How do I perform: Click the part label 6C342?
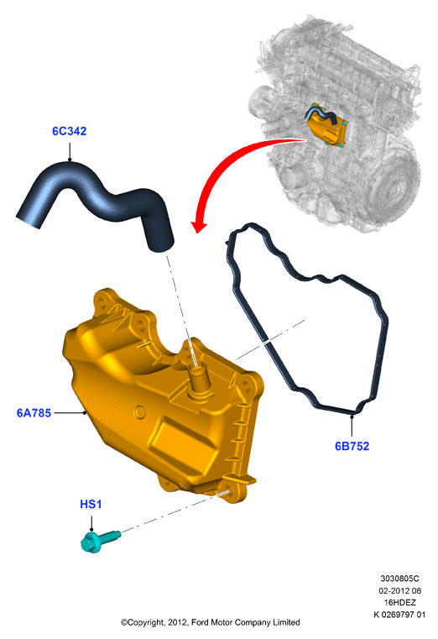[69, 131]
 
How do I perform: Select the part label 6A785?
[34, 413]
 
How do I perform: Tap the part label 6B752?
[352, 446]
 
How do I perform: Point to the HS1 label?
[91, 504]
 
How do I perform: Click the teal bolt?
[100, 541]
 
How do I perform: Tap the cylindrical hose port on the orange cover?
[198, 378]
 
